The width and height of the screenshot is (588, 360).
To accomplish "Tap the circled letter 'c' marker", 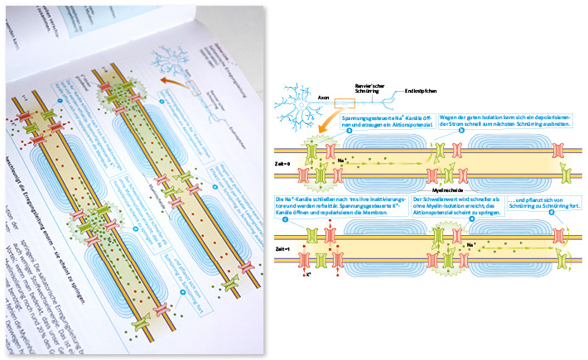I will [286, 218].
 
